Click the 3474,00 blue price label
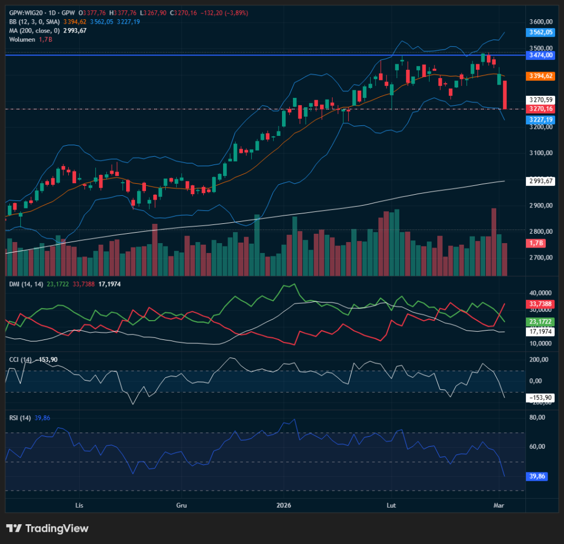coord(540,56)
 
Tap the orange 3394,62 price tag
coord(540,76)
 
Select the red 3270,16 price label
coord(540,109)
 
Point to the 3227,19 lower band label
coord(540,119)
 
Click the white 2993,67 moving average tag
coord(540,181)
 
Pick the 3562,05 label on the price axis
coord(540,32)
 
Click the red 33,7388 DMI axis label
coord(540,304)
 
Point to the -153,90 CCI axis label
coord(540,398)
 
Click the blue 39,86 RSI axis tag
coord(536,476)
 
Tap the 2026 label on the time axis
coord(284,505)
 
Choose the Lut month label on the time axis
coord(391,505)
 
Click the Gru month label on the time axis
coord(181,505)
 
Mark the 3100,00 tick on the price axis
coord(540,153)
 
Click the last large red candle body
coord(505,95)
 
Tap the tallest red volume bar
coord(493,241)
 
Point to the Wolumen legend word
coord(22,40)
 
